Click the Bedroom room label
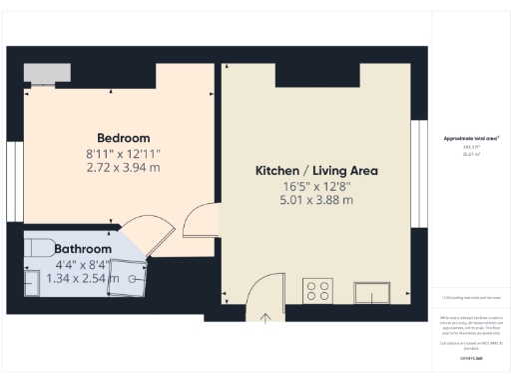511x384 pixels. coord(124,138)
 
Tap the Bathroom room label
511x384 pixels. coord(83,249)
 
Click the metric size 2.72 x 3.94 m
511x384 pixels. coord(124,167)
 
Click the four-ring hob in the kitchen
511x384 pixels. coord(318,292)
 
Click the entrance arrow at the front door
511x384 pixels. coord(266,319)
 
